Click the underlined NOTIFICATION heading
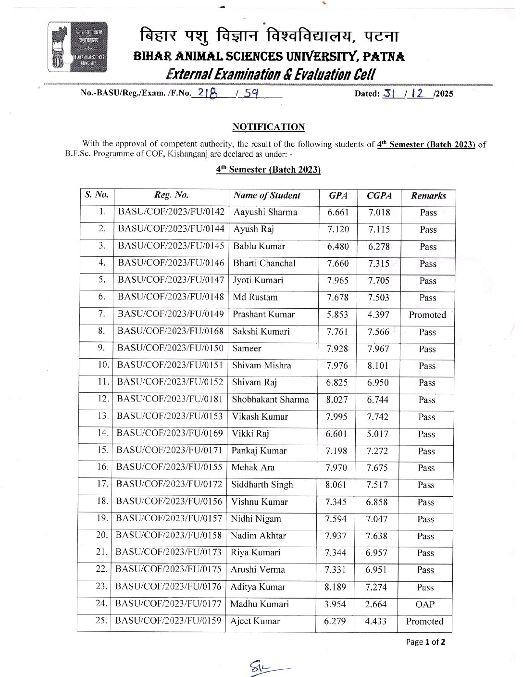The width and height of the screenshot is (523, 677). pos(268,127)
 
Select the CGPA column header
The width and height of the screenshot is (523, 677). pos(379,196)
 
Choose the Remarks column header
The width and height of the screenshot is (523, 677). pos(428,196)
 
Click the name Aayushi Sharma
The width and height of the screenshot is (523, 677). pos(265,213)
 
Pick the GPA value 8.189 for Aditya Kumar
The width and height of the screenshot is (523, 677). pos(335,587)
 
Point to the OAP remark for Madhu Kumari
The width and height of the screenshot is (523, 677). pos(425,604)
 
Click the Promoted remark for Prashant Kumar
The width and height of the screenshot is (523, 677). pos(427,315)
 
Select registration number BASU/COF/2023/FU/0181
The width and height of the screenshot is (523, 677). pos(170,400)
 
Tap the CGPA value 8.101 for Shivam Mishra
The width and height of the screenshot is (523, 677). pos(378,366)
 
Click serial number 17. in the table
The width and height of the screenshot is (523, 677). pos(102,485)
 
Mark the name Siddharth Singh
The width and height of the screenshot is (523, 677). pos(262,485)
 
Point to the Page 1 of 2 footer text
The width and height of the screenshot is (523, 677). pos(425,642)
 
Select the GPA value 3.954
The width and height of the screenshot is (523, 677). pos(335,604)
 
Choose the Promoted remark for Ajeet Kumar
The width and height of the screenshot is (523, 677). pos(424,621)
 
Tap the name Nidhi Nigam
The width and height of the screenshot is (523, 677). pos(256,519)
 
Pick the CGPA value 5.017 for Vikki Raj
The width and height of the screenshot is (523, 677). pos(377,434)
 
